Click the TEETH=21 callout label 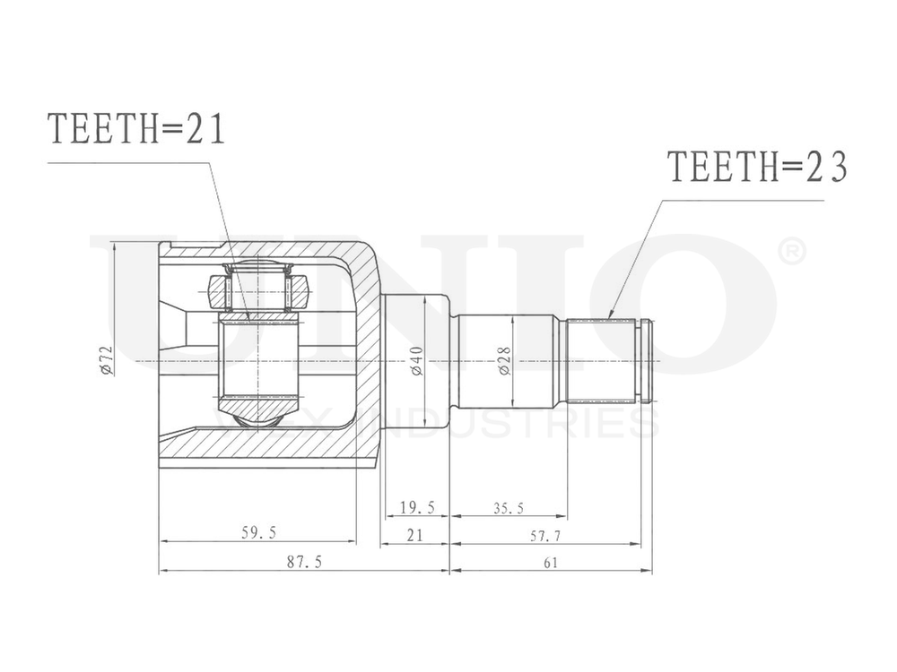click(136, 130)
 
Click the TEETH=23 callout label click(757, 168)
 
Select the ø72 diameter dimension click(106, 361)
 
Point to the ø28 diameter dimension click(503, 361)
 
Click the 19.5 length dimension click(416, 508)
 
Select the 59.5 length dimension click(258, 533)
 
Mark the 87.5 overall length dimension click(304, 562)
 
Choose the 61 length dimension click(550, 562)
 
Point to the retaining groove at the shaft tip click(643, 361)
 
